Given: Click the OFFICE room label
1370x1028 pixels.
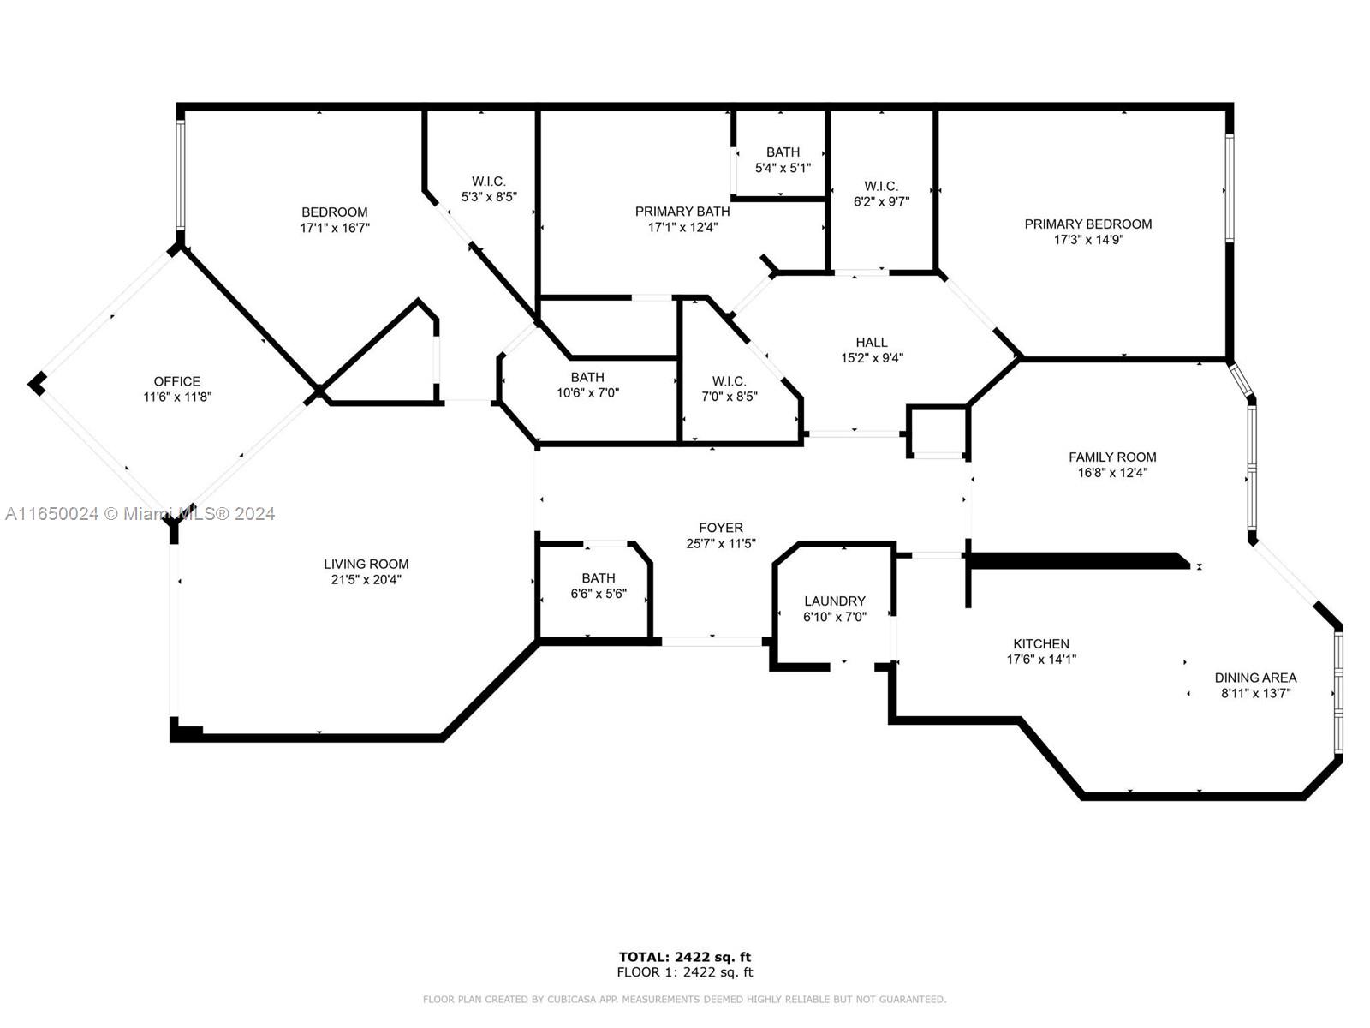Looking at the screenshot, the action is pos(177,381).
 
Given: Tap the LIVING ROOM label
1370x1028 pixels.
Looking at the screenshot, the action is pos(366,564).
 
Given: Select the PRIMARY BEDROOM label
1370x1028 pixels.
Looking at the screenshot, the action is pos(1088,224).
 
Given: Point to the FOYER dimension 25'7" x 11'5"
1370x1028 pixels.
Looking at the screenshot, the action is pos(721,544).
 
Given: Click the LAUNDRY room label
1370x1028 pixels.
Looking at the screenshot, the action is pos(835,601).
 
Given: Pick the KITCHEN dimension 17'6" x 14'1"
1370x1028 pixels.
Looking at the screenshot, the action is pos(1041,659).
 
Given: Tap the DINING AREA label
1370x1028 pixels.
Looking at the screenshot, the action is pos(1255,678).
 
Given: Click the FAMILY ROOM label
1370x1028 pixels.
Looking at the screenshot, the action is pos(1112,457).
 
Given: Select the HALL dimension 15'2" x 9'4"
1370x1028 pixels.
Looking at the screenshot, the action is pos(872,357).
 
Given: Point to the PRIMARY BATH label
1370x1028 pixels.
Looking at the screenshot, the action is pos(682,212).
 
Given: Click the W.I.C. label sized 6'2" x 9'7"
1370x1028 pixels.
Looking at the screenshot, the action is pos(881,186).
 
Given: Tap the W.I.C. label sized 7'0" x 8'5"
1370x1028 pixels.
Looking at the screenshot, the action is pos(729,380).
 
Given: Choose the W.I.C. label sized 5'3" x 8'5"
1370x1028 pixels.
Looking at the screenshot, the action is pos(489,181).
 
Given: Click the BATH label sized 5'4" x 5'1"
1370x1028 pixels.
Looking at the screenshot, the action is pos(783,152).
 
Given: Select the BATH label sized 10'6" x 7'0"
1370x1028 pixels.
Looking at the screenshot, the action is pos(587,377).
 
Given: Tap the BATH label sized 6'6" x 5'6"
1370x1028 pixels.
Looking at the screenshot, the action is pos(598,578).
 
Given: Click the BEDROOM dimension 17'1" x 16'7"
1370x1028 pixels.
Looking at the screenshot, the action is pos(335,228).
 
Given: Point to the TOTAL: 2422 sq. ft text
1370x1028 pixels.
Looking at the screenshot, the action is pos(685,957).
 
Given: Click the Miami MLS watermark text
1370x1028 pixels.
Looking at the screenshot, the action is pos(140,514).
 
